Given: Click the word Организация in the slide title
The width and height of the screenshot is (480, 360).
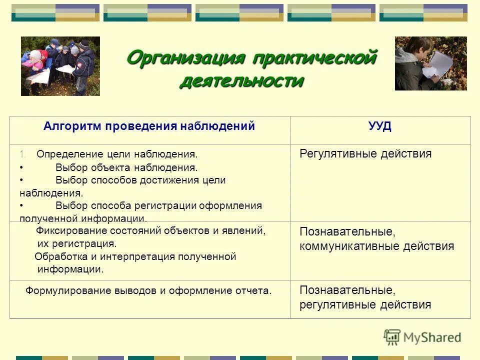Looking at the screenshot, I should (184, 58).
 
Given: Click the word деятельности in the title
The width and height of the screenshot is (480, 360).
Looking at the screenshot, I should (241, 80).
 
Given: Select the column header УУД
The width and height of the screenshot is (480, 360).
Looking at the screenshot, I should (380, 126).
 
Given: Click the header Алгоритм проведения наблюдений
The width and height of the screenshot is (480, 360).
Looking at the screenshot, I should (149, 126).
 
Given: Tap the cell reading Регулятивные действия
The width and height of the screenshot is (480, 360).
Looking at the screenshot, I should (365, 154).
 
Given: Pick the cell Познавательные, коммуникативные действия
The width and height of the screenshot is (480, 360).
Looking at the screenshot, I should (376, 239).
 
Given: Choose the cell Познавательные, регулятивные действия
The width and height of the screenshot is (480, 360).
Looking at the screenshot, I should (365, 297).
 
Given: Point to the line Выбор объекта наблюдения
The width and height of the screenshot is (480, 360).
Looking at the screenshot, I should (126, 168).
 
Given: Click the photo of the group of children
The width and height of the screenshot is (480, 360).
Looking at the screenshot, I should (60, 66).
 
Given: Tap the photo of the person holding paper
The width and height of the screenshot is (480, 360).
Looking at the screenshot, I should (430, 63).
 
